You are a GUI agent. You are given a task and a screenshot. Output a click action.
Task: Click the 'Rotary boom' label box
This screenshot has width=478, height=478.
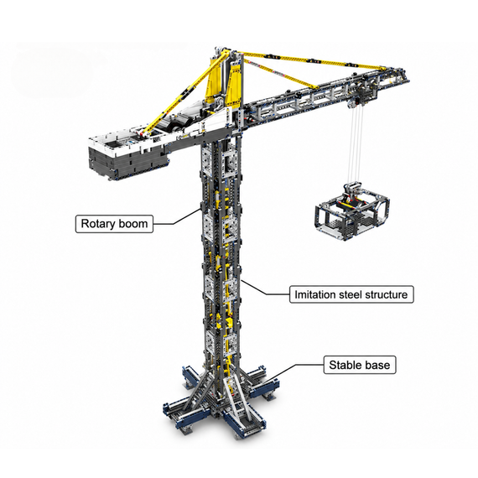tap(114, 224)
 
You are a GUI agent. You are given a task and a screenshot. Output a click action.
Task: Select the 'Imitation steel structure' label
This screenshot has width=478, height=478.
tap(351, 294)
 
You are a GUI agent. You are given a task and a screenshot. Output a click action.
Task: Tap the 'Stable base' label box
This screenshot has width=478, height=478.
tap(360, 365)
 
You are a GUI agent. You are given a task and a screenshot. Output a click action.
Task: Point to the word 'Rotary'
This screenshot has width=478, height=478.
tap(98, 224)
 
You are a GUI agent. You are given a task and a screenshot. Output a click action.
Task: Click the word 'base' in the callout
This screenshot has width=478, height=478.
tap(377, 365)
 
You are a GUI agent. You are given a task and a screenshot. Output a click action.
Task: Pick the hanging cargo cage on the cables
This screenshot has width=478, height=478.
tap(353, 211)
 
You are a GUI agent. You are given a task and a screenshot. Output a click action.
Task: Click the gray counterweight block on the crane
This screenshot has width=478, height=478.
tap(128, 162)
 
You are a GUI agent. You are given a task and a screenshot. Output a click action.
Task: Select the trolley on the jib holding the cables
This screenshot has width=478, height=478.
tap(360, 98)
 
